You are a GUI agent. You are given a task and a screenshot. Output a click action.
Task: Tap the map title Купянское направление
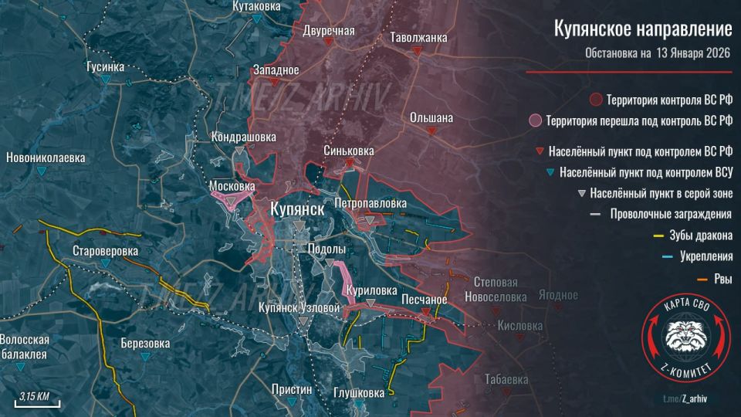(643, 29)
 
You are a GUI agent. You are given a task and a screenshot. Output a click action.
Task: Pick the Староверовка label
(105, 251)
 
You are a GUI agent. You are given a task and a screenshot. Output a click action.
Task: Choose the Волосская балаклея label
(25, 347)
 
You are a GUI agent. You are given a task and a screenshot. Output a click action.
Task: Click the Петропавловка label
(370, 203)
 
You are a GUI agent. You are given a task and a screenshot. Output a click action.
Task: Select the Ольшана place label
(431, 117)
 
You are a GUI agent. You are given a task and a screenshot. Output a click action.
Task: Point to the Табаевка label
(506, 379)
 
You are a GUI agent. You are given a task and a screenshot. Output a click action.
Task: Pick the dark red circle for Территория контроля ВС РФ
(597, 100)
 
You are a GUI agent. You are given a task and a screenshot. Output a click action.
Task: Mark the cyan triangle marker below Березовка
(146, 358)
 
